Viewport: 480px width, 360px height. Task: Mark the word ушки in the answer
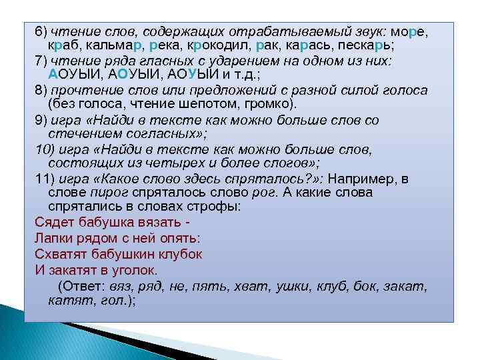[x=297, y=286]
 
